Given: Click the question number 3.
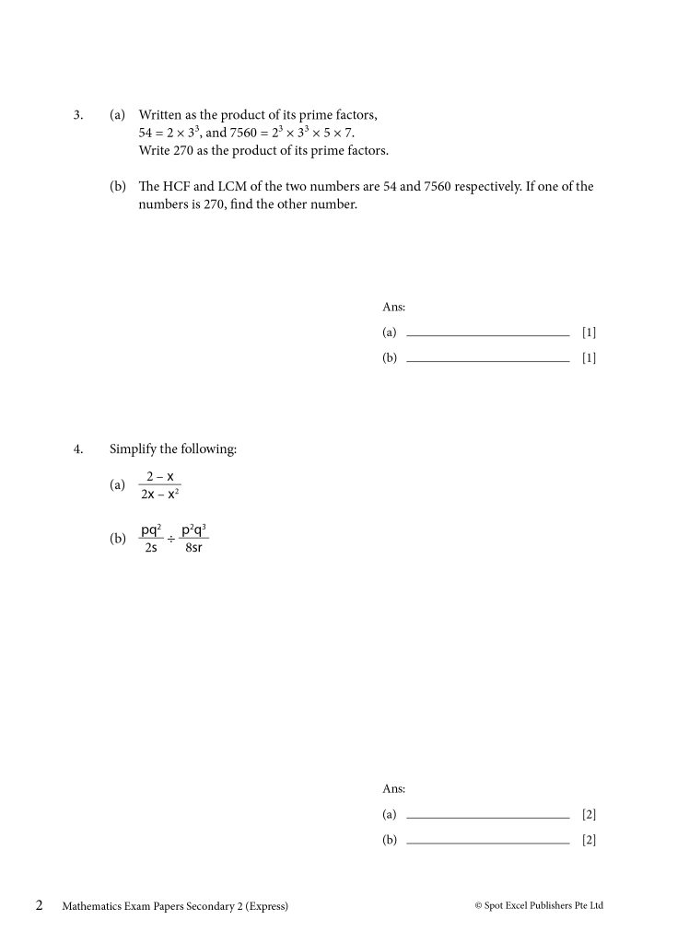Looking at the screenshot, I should coord(78,116).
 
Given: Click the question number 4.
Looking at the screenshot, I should coord(78,449).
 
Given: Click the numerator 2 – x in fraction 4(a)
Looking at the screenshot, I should coord(159,476).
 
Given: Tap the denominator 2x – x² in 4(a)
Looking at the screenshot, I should coord(159,495).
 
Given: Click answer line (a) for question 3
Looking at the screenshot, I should coord(487,334).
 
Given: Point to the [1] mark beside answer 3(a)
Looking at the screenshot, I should coord(589,332).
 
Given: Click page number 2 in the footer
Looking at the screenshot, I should coord(40,905).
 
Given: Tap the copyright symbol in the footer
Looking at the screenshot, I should coord(478,906).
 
